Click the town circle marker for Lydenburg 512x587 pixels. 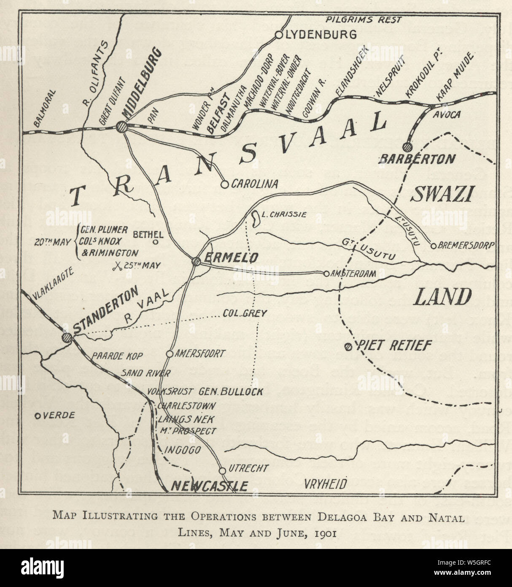point(278,35)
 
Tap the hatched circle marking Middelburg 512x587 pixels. point(122,126)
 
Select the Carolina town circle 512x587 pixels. point(225,184)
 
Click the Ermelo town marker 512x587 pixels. point(196,261)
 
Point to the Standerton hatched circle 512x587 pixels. point(66,337)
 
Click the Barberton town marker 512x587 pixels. point(407,147)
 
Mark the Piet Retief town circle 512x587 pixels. point(348,347)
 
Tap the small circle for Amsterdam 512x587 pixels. point(326,274)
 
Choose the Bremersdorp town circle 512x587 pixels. point(433,246)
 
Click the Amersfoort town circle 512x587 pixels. point(170,353)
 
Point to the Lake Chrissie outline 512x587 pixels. point(255,218)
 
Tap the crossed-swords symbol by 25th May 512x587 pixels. point(118,266)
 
